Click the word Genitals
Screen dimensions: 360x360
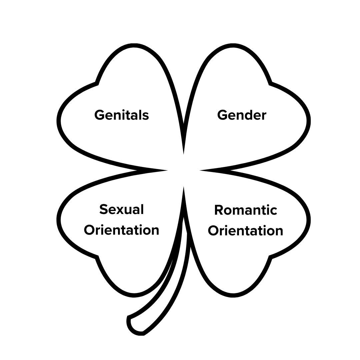121,115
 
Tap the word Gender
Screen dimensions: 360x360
242,115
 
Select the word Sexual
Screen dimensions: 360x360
122,209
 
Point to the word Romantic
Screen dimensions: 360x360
246,210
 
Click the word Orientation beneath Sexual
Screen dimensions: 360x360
121,230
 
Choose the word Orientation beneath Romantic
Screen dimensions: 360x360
246,231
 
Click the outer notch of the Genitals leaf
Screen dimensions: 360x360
97,83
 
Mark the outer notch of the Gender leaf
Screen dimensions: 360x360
271,83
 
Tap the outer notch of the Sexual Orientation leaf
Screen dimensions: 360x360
97,257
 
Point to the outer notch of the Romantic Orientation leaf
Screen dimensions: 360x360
271,257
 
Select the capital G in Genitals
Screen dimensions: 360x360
99,115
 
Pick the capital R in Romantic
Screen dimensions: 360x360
219,210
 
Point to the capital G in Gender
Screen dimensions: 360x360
222,115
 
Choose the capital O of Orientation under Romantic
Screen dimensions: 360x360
213,231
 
